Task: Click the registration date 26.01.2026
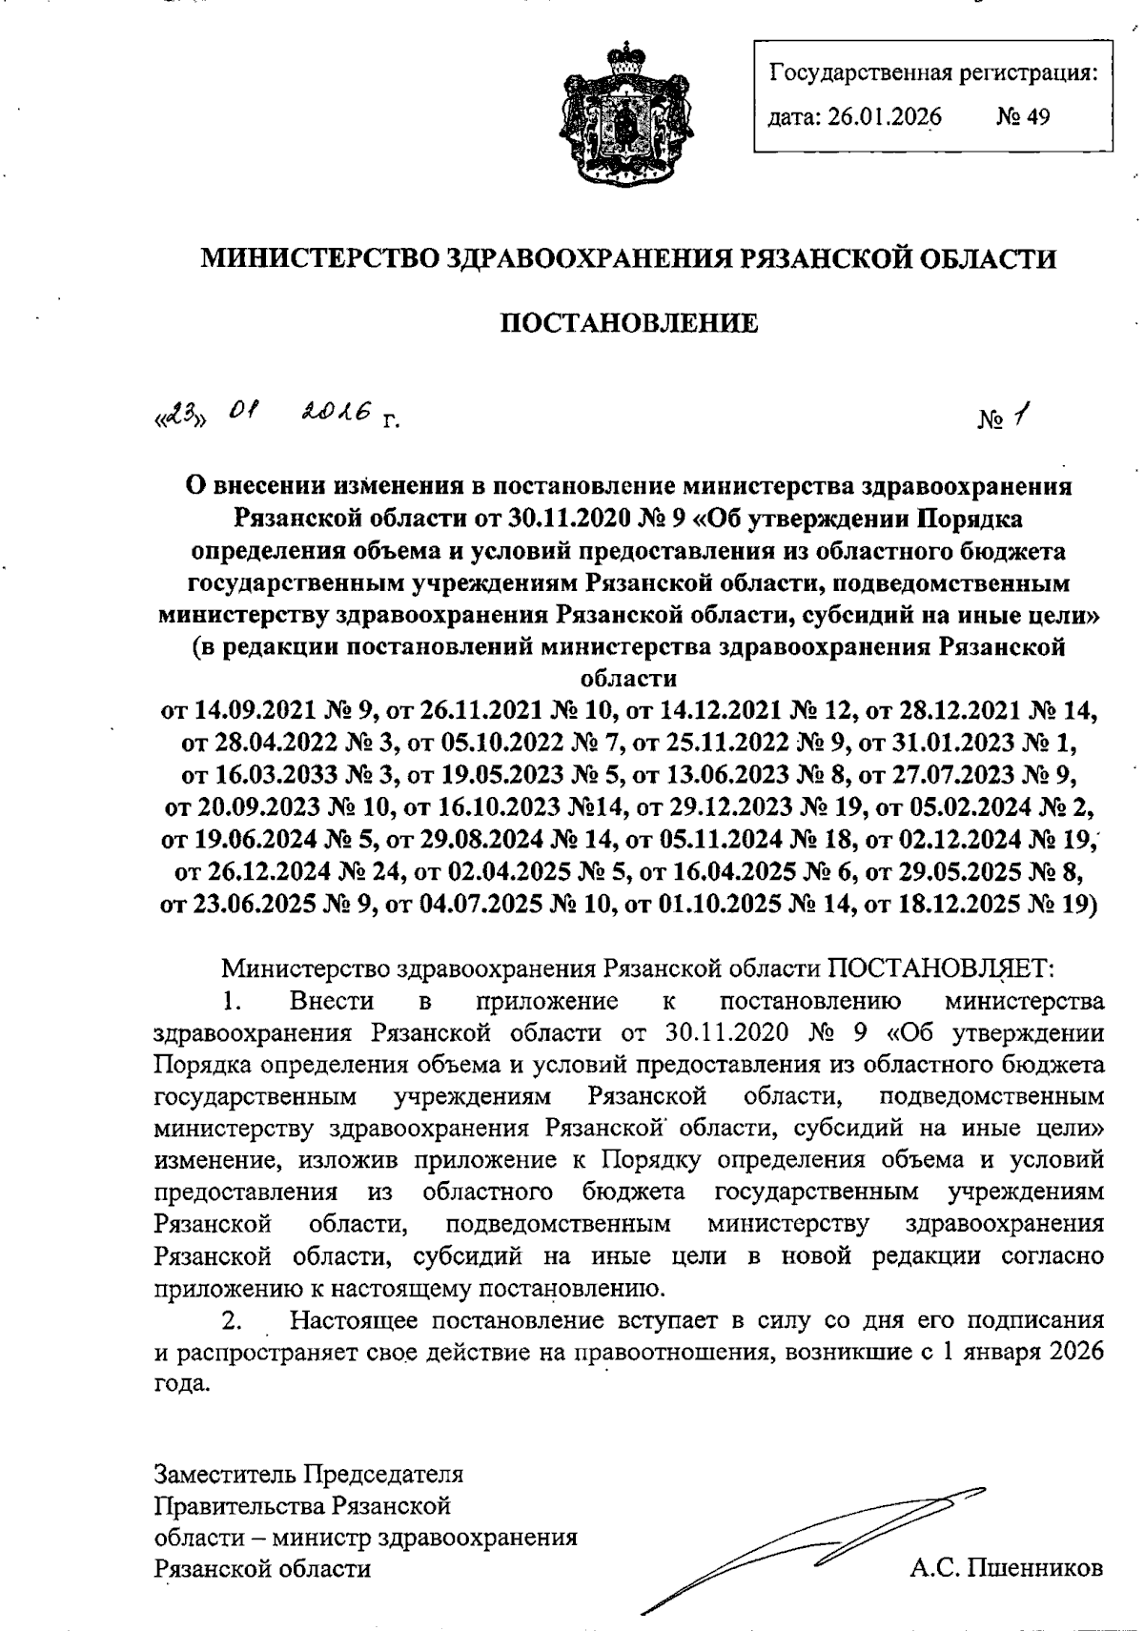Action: (x=884, y=117)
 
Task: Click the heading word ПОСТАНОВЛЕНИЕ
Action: (x=629, y=323)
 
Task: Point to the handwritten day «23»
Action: (x=171, y=416)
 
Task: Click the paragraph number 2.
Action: (x=230, y=1321)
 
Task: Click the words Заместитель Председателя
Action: (x=309, y=1474)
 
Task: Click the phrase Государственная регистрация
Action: (x=932, y=72)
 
